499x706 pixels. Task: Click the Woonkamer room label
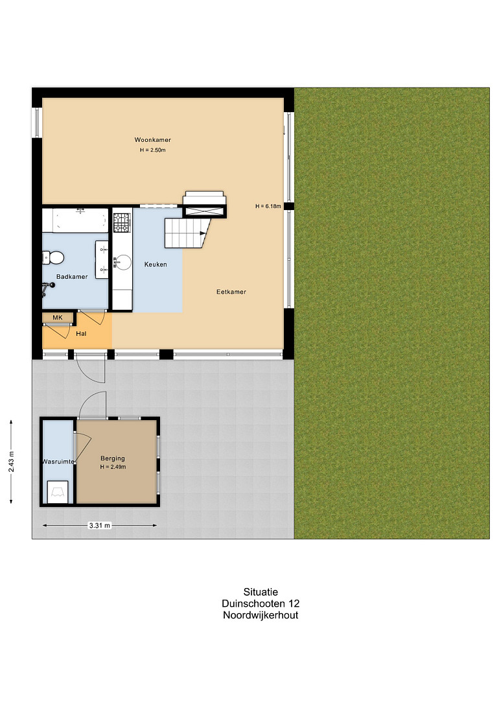(x=152, y=140)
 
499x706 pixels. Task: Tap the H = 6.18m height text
(x=268, y=206)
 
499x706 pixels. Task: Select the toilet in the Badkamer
(x=52, y=258)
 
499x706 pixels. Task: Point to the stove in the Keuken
(x=121, y=222)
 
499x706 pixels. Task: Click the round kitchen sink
(x=122, y=262)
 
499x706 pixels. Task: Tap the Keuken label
(x=156, y=265)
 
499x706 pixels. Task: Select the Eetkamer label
(x=231, y=292)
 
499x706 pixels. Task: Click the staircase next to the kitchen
(x=187, y=233)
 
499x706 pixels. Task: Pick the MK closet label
(x=58, y=318)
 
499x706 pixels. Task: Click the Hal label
(x=81, y=334)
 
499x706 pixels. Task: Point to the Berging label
(x=113, y=458)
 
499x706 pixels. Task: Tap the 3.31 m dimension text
(x=99, y=525)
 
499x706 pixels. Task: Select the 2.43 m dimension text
(x=11, y=462)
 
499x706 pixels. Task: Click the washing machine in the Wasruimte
(x=58, y=492)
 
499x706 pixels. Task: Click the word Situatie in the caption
(x=261, y=592)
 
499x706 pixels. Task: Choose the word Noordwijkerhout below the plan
(x=261, y=615)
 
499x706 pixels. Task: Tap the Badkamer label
(x=72, y=277)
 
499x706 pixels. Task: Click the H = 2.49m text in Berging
(x=113, y=467)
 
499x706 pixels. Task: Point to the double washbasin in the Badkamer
(x=102, y=260)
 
